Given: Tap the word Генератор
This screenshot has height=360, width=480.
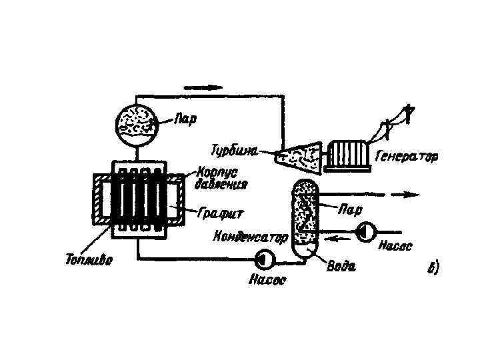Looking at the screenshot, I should (407, 158).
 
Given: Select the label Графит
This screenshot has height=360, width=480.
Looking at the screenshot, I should (222, 213).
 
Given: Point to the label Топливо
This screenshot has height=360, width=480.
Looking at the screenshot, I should (89, 260).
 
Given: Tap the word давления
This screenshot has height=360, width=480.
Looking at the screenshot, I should (222, 183).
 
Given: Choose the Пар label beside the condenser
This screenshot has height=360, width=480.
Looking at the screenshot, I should (351, 209).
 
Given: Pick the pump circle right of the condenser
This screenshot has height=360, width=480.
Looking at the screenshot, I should (366, 232).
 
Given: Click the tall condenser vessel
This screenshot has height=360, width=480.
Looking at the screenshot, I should (306, 217).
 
